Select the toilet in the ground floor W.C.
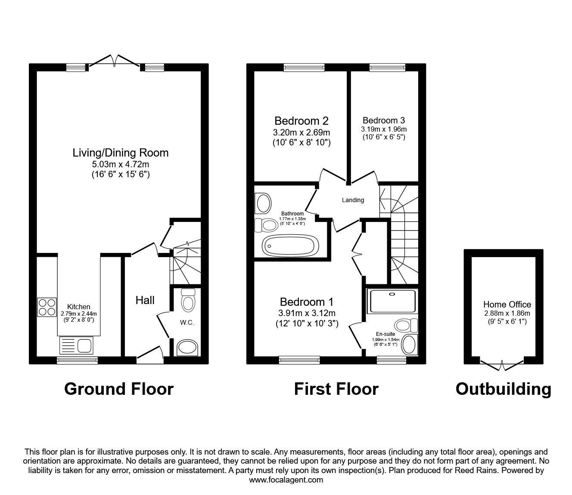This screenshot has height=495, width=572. coord(188,300)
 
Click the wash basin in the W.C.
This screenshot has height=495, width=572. coord(188,347)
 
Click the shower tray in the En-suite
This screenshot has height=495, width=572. coord(392,301)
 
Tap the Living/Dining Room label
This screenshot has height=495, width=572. coord(120,153)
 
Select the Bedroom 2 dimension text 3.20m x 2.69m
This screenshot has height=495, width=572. coord(302,132)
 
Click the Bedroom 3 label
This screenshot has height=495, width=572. coord(383,120)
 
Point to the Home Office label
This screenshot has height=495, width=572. coord(507,304)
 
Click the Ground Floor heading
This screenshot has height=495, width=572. coord(118,389)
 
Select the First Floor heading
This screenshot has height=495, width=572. coord(336,389)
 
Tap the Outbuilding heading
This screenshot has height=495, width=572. coord(503,389)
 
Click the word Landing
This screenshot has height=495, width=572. coord(353,200)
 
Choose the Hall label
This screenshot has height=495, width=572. coord(145,300)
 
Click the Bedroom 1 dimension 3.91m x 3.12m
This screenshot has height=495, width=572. coord(306,313)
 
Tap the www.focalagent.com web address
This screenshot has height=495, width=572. coord(286,480)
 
